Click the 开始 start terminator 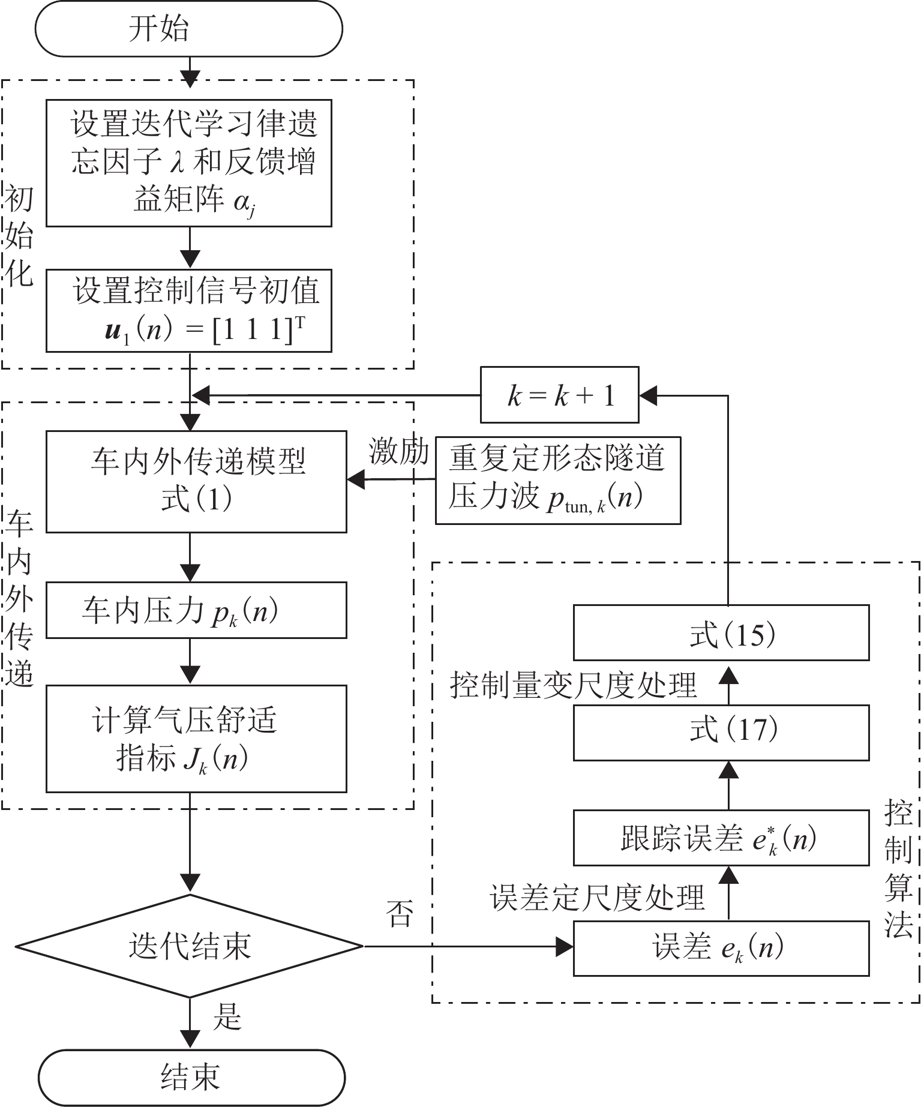(188, 29)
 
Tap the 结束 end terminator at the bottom (191, 1077)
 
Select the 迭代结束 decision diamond (190, 946)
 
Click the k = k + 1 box (559, 395)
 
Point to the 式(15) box (721, 633)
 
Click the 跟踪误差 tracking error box (721, 838)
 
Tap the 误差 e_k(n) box (721, 948)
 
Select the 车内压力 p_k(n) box (196, 610)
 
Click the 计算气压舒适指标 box (196, 739)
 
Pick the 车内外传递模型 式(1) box (196, 481)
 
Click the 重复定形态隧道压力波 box (557, 481)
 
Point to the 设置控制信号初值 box (189, 310)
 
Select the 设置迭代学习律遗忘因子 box (189, 163)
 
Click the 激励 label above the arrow (398, 452)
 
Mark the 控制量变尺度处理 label (573, 685)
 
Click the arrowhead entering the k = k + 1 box (648, 395)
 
